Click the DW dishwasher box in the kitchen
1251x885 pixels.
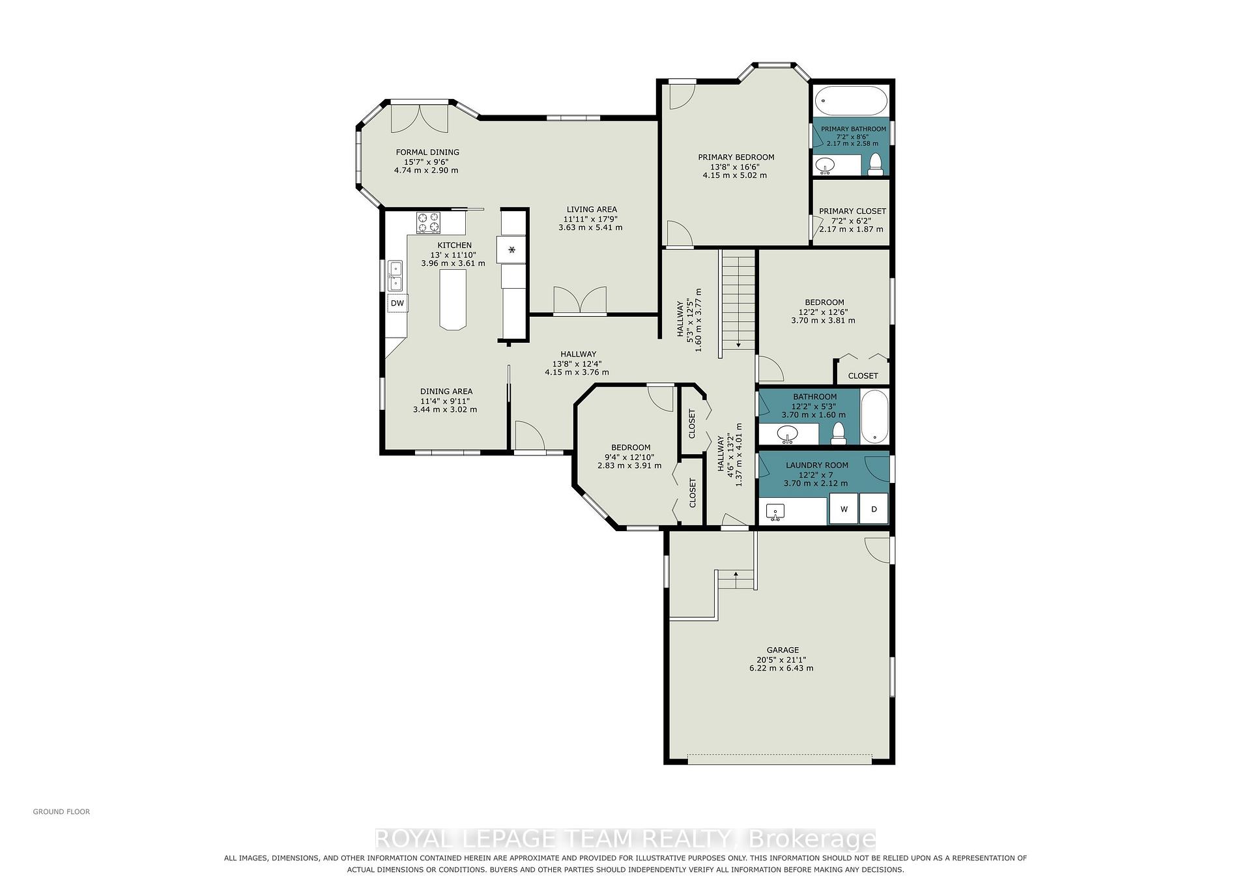click(x=397, y=303)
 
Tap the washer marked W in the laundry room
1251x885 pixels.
click(x=844, y=509)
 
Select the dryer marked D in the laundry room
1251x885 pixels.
click(x=874, y=509)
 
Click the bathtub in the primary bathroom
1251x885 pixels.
click(x=851, y=102)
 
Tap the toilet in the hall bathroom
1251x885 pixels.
click(x=839, y=433)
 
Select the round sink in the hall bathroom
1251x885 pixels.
click(x=788, y=433)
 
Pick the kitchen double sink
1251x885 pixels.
click(x=395, y=275)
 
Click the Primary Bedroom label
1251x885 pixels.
click(x=736, y=157)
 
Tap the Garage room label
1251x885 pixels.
click(x=783, y=650)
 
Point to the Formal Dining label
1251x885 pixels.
click(x=427, y=152)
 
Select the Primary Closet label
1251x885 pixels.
click(x=852, y=211)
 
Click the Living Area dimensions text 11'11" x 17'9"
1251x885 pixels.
click(x=592, y=219)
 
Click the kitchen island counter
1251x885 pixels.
click(x=453, y=300)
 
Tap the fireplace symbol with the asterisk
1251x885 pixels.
click(x=511, y=250)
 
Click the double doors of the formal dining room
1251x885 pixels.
click(x=419, y=117)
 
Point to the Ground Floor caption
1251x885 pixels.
click(x=61, y=812)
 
